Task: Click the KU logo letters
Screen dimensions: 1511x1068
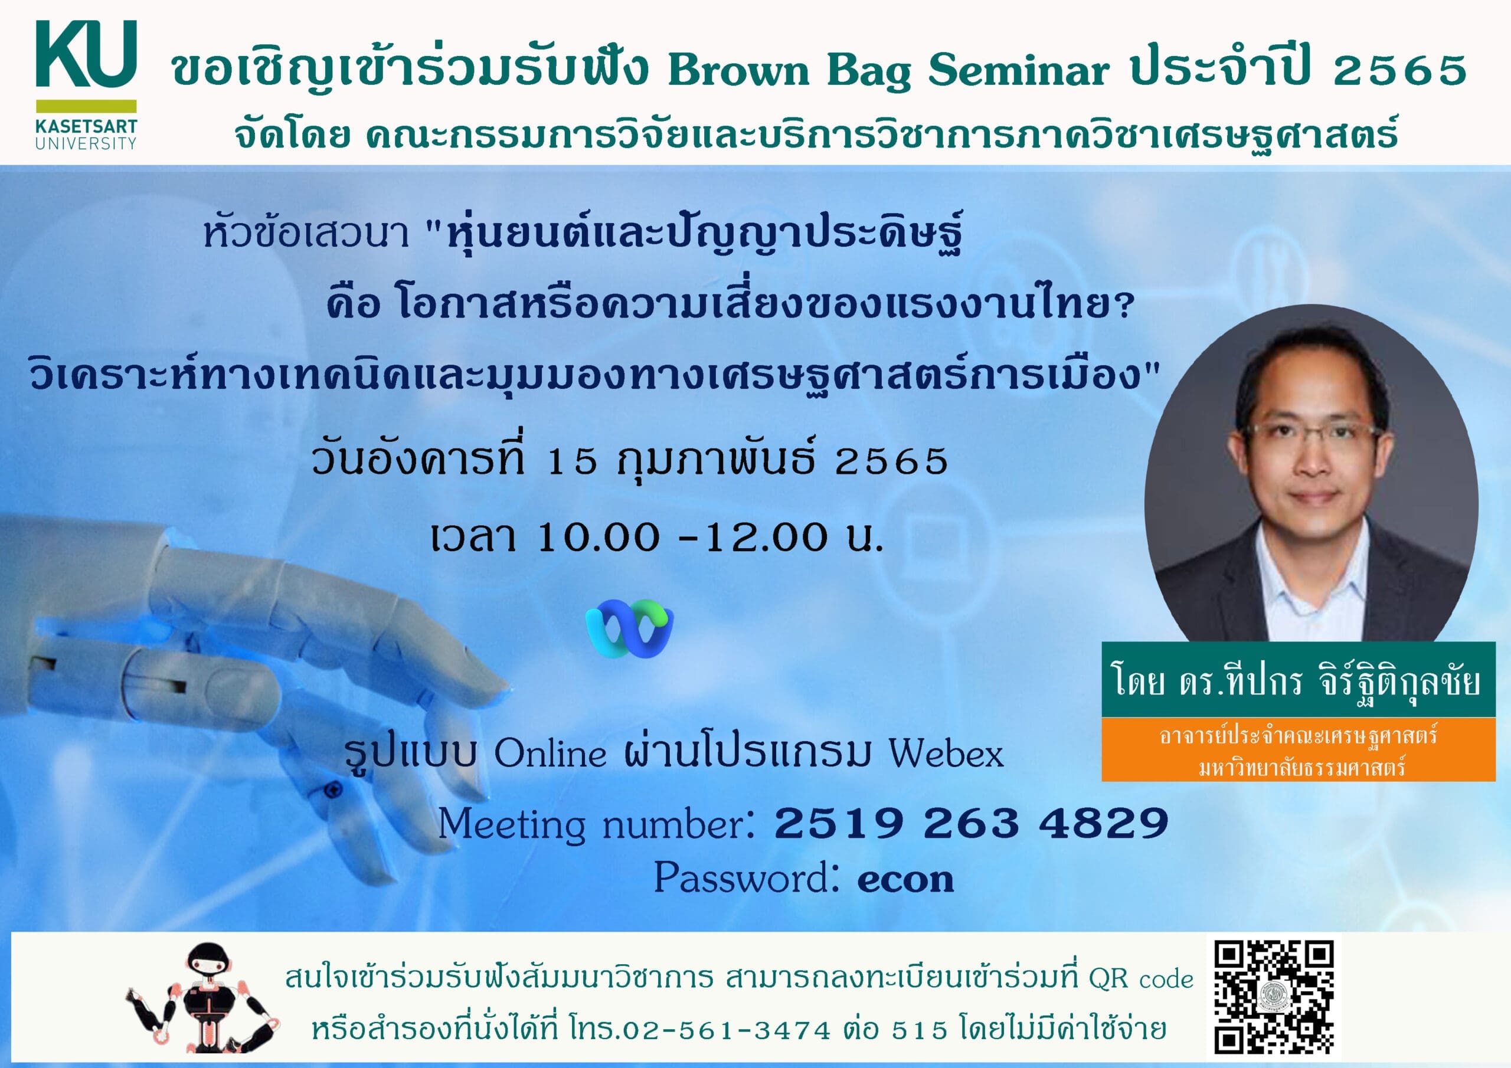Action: [x=86, y=53]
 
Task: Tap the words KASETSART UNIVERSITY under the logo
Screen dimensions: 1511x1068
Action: [x=86, y=135]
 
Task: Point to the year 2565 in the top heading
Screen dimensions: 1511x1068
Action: [x=1400, y=70]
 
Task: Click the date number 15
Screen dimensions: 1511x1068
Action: [x=571, y=461]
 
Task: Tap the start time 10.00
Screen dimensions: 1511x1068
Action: [x=598, y=537]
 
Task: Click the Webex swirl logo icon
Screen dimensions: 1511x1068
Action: [x=629, y=628]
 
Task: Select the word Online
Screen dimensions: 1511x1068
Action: [x=550, y=753]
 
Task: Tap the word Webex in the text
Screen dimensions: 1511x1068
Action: [x=946, y=753]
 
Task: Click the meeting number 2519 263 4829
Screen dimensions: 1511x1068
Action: [x=972, y=823]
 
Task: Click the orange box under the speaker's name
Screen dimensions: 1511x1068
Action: [x=1298, y=749]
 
